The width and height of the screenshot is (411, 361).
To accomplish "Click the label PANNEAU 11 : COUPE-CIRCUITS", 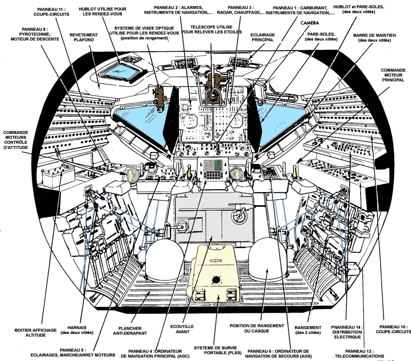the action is tap(51, 12).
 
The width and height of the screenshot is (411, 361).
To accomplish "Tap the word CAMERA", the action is tap(310, 23).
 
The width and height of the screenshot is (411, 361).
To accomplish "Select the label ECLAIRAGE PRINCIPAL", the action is tap(263, 37).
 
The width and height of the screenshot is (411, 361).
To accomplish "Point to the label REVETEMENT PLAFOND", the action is tap(84, 37).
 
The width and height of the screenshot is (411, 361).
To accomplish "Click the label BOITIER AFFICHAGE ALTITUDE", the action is tap(36, 332).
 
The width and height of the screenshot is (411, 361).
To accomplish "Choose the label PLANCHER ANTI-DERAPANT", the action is tap(130, 331).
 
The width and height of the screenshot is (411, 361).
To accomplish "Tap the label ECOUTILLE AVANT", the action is tap(182, 329).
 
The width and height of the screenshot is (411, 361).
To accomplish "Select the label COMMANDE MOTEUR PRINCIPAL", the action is tap(393, 75).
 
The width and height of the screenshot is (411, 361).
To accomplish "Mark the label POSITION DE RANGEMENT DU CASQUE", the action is tap(257, 328).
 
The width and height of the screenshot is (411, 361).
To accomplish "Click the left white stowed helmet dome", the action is tap(165, 260).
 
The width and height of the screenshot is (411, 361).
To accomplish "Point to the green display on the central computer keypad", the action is tap(218, 165).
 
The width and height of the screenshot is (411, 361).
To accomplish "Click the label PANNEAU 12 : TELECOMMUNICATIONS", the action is tap(359, 353).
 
